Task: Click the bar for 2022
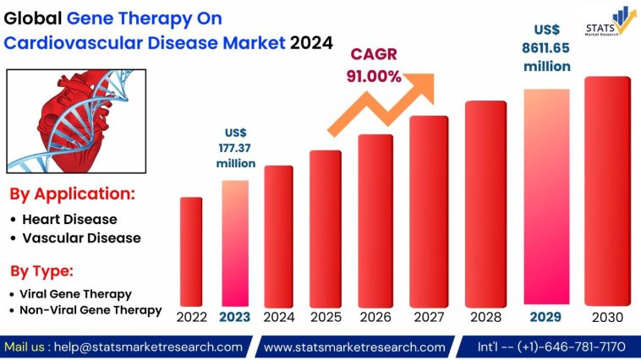pyautogui.click(x=191, y=250)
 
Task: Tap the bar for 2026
pyautogui.click(x=375, y=219)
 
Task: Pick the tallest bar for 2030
pyautogui.click(x=607, y=190)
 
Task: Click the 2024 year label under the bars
pyautogui.click(x=278, y=318)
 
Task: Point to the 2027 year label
pyautogui.click(x=429, y=318)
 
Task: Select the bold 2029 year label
pyautogui.click(x=546, y=318)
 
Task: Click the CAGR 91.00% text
pyautogui.click(x=372, y=65)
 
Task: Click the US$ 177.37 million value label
pyautogui.click(x=235, y=148)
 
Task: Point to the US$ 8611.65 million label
pyautogui.click(x=546, y=47)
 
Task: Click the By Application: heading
pyautogui.click(x=72, y=194)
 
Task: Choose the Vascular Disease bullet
pyautogui.click(x=81, y=238)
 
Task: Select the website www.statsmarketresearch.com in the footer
pyautogui.click(x=354, y=346)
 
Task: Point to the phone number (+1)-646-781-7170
pyautogui.click(x=575, y=346)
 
